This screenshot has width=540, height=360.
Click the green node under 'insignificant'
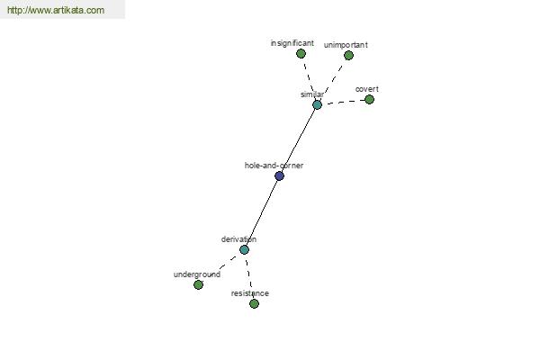coord(301,53)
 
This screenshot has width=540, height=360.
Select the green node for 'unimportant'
coord(348,55)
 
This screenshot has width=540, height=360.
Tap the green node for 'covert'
coord(369,99)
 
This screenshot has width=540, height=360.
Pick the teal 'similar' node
coord(317,104)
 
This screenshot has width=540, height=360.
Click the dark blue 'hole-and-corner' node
coord(279,176)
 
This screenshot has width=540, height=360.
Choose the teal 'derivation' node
coord(244,250)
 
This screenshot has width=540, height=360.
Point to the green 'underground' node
coord(198,284)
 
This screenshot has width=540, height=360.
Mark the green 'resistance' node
coord(254,303)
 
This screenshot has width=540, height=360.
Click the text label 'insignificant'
coord(292,43)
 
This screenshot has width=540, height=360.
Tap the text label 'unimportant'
coord(346,45)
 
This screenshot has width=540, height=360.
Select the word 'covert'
coord(367,89)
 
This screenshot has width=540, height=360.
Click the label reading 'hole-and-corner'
coord(274,166)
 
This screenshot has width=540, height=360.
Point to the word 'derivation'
coord(238,239)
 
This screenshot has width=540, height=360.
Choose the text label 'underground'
coord(197,274)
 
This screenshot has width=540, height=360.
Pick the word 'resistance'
coord(250,293)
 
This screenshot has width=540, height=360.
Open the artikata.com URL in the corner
coord(56,10)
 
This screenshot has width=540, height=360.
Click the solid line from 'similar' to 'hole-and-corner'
coord(298,140)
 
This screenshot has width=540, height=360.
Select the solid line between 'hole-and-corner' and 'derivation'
coord(262,213)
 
